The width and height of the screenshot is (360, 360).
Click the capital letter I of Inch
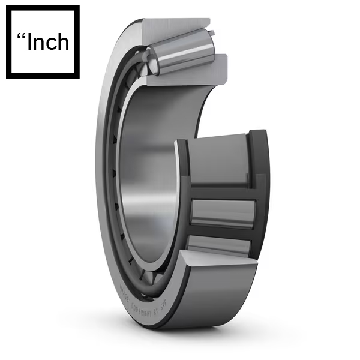pos(31,43)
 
